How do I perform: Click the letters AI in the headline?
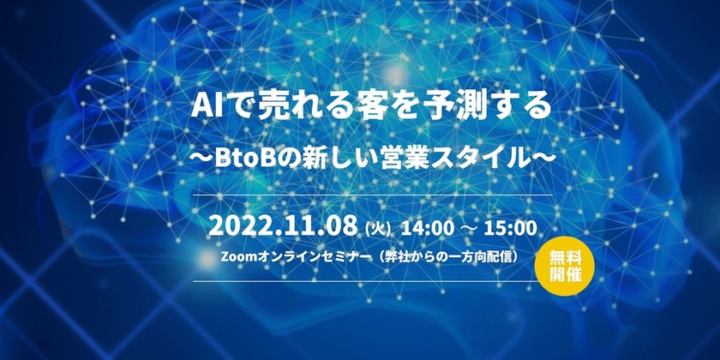tap(207, 108)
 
